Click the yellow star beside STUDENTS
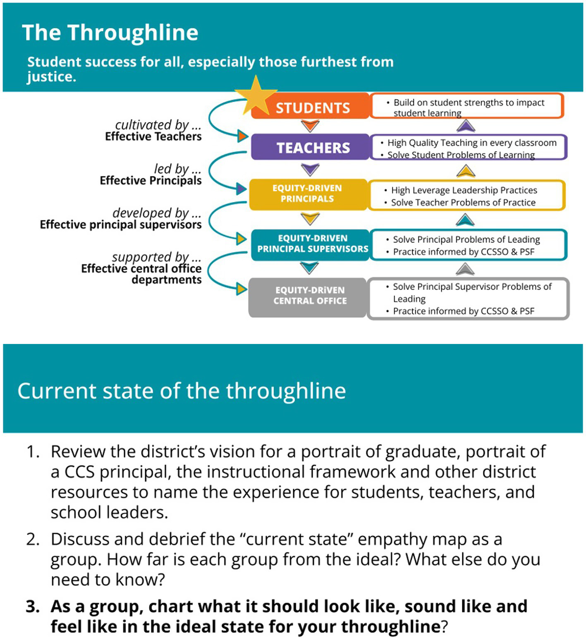(x=256, y=96)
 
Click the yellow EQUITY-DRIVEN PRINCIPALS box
(x=308, y=193)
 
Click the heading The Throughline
(x=110, y=33)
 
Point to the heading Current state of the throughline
(x=182, y=391)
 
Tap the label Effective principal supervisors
(x=121, y=224)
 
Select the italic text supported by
(x=151, y=257)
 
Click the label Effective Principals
(x=151, y=181)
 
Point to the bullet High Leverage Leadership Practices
(x=464, y=190)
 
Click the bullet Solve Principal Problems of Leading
(x=466, y=239)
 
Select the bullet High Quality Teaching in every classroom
(x=471, y=143)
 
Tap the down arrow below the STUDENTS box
(x=310, y=125)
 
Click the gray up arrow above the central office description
(x=465, y=270)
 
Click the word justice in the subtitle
(x=51, y=77)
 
